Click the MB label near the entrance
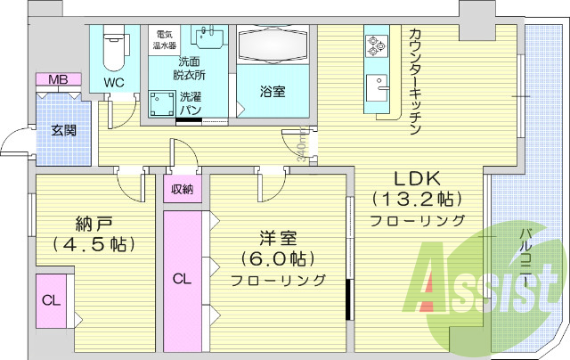click(x=58, y=80)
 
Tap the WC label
click(x=114, y=82)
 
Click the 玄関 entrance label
click(x=63, y=131)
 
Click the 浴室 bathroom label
click(x=273, y=92)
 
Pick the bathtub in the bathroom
click(x=273, y=45)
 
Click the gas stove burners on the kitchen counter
click(x=373, y=44)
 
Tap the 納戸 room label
click(x=87, y=223)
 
